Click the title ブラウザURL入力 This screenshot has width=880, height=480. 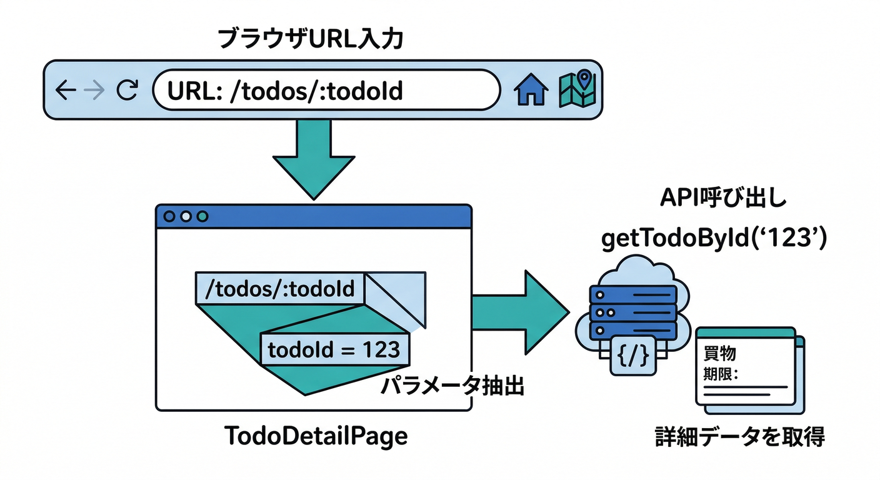pos(310,39)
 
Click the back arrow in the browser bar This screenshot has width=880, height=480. pos(65,91)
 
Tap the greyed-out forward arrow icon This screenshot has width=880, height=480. pos(94,91)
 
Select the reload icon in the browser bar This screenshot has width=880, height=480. pos(127,91)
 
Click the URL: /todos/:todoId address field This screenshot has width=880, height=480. pos(325,91)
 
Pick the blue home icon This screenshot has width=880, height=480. pos(531,91)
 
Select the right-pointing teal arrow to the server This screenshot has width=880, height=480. pos(519,310)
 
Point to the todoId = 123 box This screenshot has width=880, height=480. pos(334,349)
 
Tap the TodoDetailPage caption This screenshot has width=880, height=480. pos(316,436)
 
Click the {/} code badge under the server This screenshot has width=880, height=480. pos(632,356)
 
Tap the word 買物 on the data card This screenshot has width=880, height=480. pos(720,353)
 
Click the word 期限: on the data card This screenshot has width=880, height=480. pos(722,375)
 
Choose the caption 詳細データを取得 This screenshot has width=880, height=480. pos(739,436)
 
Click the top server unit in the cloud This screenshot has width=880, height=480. pos(632,294)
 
